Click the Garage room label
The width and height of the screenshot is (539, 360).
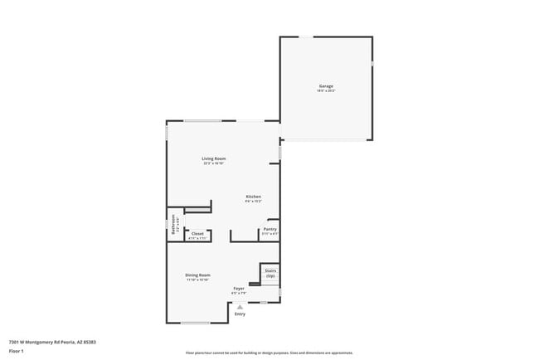(x=326, y=86)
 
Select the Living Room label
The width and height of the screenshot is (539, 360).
(x=214, y=158)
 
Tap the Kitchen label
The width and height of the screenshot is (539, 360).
(x=254, y=197)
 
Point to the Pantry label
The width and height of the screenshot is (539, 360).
(x=269, y=229)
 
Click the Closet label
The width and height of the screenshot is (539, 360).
(x=197, y=234)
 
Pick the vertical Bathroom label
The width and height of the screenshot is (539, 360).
(x=173, y=226)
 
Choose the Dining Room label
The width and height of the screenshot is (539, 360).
(x=197, y=275)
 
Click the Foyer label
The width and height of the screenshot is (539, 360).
(x=238, y=288)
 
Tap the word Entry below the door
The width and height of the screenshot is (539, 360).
(x=240, y=314)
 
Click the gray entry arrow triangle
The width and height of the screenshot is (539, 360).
(x=240, y=306)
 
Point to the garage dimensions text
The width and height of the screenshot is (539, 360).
(x=326, y=91)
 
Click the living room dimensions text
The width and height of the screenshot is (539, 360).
(x=214, y=163)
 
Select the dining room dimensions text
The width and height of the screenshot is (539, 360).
(x=197, y=280)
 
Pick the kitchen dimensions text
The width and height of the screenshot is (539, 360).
(x=254, y=202)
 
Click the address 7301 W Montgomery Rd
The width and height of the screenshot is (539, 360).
(x=52, y=341)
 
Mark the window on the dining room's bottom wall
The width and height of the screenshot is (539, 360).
(x=196, y=323)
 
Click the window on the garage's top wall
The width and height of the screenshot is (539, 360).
(x=306, y=36)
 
